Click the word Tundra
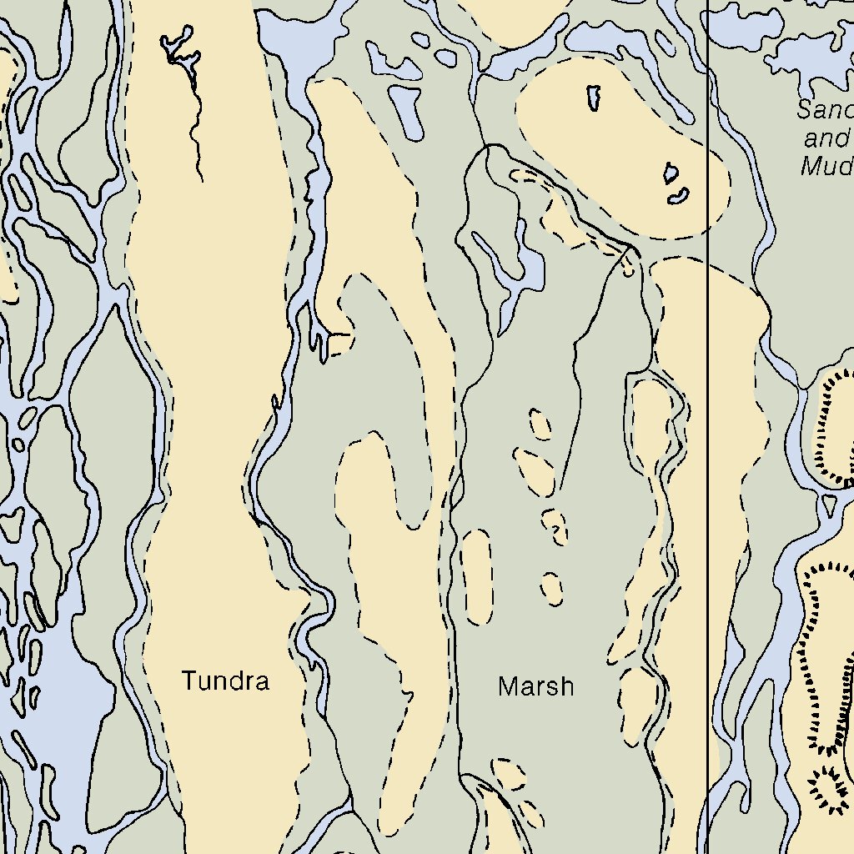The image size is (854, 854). pos(225,681)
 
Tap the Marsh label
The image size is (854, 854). pos(535,686)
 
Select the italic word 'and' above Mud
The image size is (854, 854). pos(826,138)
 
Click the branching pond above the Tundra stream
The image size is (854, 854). pos(179,48)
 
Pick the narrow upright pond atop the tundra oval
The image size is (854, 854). pos(594,98)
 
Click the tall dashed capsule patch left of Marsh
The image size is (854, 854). pos(478,576)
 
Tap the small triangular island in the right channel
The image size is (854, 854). pos(828,504)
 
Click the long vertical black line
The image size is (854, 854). pos(708,417)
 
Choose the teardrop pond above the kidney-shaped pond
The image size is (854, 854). pos(671,173)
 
